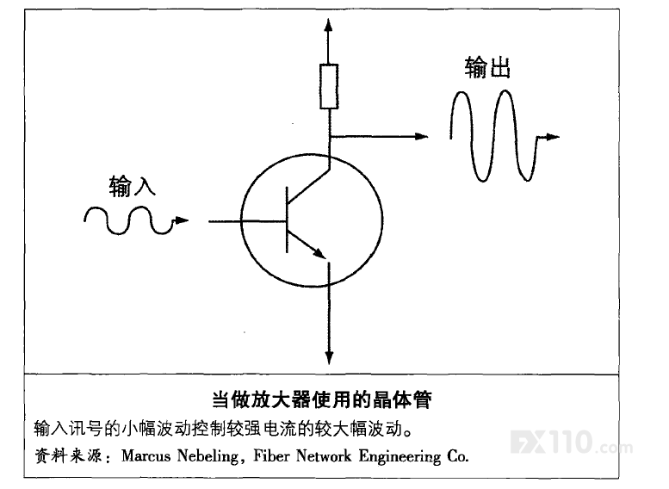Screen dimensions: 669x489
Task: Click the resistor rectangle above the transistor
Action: (329, 86)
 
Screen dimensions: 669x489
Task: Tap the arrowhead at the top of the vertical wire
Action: (328, 25)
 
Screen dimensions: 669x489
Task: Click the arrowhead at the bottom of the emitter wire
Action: (329, 357)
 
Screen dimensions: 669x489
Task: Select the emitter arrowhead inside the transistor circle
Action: (319, 252)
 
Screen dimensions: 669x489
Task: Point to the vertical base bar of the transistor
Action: (287, 220)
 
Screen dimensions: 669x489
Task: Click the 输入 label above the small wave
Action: (132, 186)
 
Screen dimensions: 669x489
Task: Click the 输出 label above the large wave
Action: (487, 67)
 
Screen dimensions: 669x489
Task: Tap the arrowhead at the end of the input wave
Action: (182, 220)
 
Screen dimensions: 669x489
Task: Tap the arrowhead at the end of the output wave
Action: (552, 137)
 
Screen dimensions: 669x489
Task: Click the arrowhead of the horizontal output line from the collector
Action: (421, 136)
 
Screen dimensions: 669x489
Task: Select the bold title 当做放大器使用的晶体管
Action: (322, 399)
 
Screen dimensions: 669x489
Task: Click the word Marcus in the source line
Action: (146, 455)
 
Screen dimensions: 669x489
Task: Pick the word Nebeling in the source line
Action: (208, 456)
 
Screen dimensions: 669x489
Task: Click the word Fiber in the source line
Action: (271, 455)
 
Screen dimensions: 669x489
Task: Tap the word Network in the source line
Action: (324, 455)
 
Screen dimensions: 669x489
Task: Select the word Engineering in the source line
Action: (400, 456)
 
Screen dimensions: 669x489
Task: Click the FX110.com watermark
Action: (572, 442)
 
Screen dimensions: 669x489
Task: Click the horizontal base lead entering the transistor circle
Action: (246, 221)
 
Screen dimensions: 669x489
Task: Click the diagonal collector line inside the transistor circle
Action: (308, 186)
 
